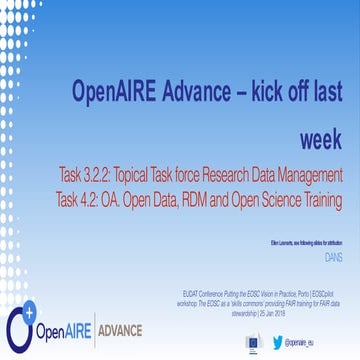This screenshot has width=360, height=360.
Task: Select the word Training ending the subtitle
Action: point(321,199)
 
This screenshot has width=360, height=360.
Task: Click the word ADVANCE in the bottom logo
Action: point(117,330)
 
